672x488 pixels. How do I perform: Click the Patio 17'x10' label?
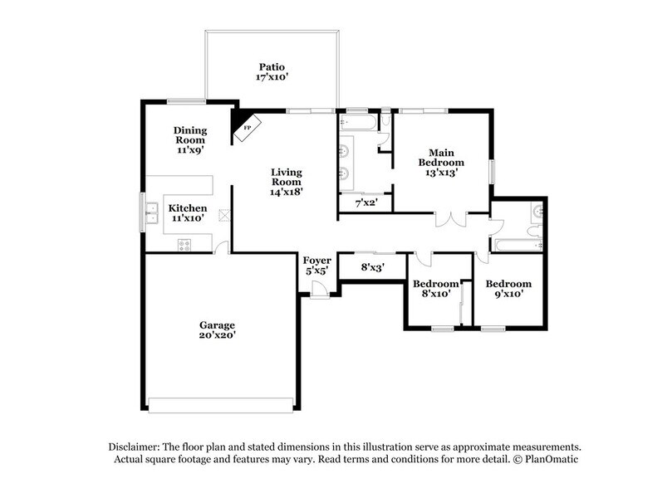point(272,71)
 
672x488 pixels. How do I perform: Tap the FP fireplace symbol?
point(247,129)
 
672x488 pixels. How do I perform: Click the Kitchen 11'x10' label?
point(188,212)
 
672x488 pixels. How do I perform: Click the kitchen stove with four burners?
point(184,245)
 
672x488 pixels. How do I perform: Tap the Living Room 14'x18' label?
point(286,183)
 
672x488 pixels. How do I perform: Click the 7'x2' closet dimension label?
point(365,203)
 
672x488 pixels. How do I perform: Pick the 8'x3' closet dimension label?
point(371,267)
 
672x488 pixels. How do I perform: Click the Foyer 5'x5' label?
point(316,265)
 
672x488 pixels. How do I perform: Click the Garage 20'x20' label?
point(217,330)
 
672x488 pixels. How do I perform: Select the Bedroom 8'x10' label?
point(431,289)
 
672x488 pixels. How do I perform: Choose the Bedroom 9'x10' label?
point(508,289)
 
